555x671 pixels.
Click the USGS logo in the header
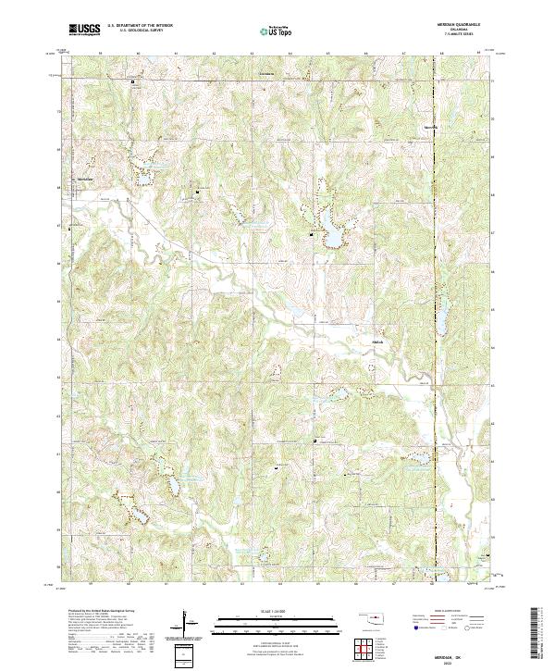tap(84, 30)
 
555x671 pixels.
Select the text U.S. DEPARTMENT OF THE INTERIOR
tap(138, 26)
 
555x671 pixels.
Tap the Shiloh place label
tap(376, 339)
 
